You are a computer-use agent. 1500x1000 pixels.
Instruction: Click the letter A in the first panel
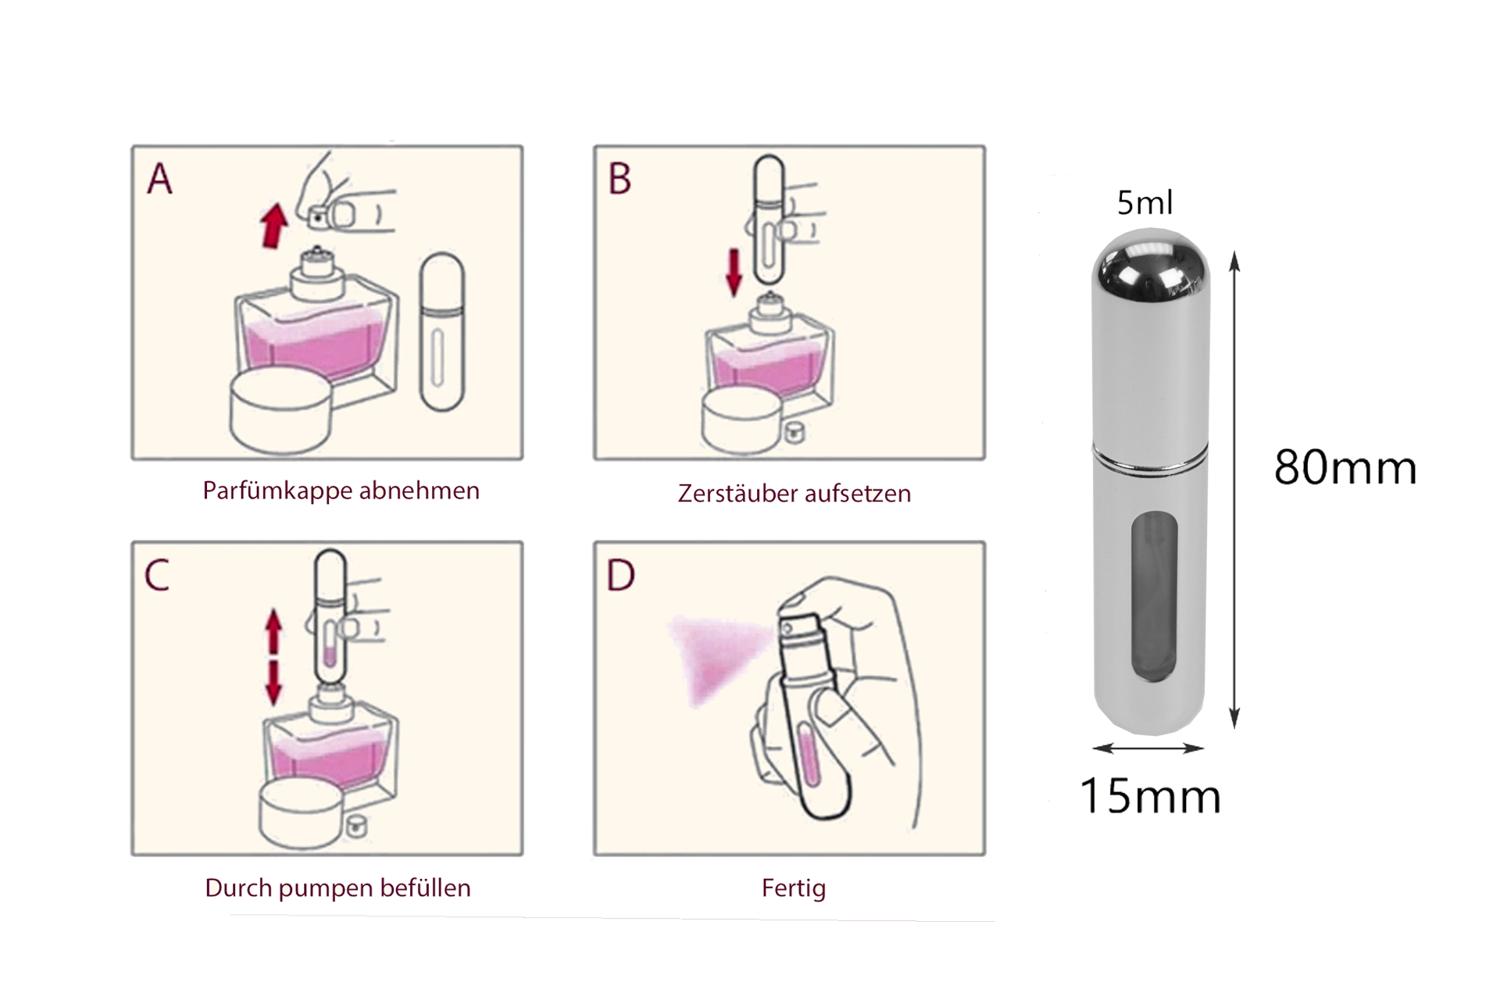[x=160, y=179]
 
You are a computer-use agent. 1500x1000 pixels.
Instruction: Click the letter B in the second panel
[x=620, y=179]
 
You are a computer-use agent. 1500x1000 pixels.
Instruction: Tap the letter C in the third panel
[x=157, y=577]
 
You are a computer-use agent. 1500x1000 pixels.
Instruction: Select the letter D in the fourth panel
[x=621, y=577]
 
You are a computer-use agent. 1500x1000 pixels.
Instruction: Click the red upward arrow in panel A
[x=274, y=225]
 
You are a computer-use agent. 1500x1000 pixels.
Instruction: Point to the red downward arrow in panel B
[x=734, y=273]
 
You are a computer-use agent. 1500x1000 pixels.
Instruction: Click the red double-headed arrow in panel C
[x=273, y=658]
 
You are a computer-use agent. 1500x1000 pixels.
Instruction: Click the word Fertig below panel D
[x=793, y=888]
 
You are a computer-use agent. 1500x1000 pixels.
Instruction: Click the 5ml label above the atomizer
[x=1145, y=203]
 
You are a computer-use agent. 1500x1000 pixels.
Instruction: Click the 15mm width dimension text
[x=1150, y=796]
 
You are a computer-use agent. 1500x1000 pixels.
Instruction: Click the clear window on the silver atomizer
[x=1154, y=602]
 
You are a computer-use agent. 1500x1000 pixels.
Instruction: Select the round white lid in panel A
[x=283, y=410]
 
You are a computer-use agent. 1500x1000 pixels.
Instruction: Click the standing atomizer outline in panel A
[x=442, y=332]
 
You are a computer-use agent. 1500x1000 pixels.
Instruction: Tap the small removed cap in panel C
[x=359, y=823]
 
